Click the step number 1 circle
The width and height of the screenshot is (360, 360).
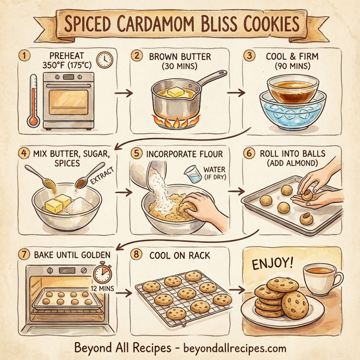coord(25,55)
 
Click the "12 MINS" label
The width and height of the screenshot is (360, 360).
coord(103,289)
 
